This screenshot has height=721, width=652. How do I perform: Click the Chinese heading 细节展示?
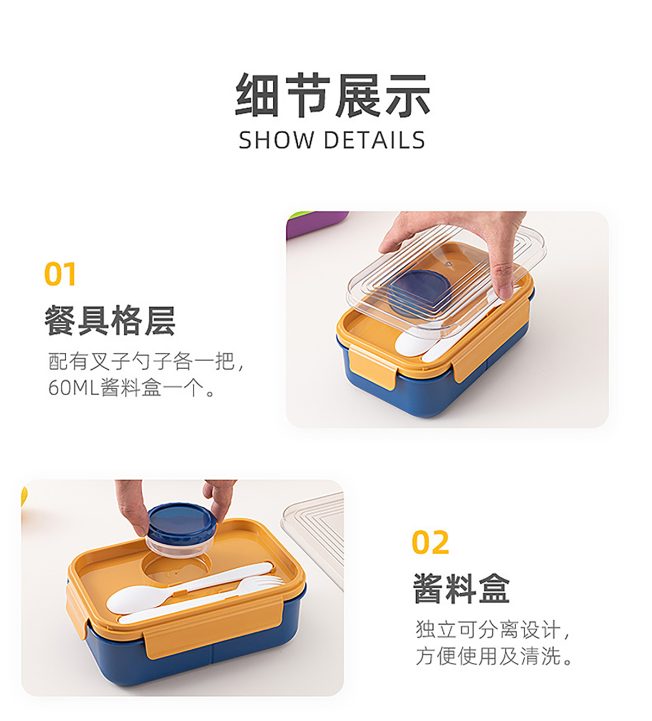coord(333,95)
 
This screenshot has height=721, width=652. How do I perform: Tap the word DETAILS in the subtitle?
coord(375,140)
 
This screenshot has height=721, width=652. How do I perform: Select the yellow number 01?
coord(60,274)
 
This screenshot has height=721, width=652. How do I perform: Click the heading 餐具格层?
coord(110,320)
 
